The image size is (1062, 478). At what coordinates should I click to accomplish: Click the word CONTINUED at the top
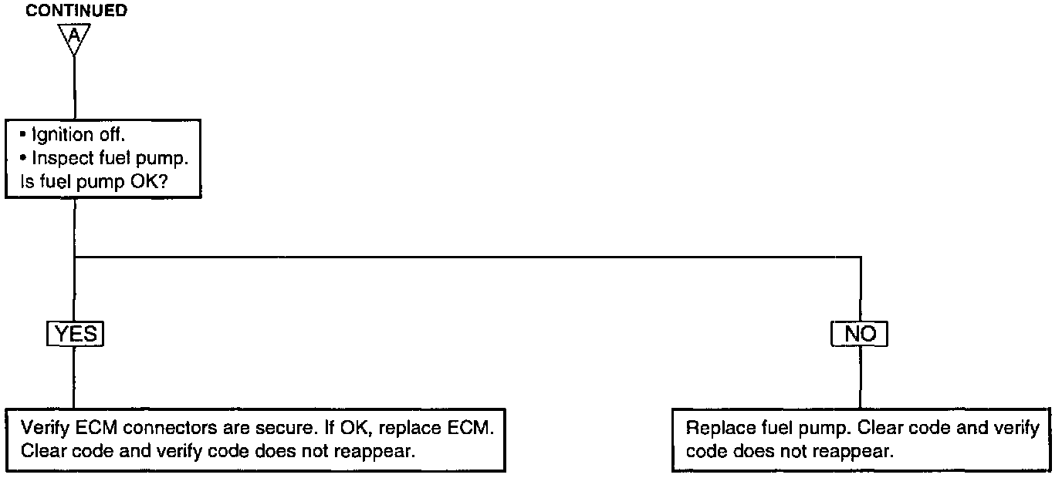coord(76,11)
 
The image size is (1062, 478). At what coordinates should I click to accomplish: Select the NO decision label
coord(861,334)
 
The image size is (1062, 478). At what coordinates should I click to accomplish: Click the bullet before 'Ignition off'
coord(25,135)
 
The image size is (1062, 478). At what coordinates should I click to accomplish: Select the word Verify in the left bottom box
coord(44,428)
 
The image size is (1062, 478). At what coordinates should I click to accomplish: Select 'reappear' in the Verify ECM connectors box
coord(382,452)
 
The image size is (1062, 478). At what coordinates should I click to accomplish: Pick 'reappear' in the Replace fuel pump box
coord(859,452)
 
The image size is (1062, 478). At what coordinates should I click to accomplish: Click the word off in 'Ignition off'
coord(113,135)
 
